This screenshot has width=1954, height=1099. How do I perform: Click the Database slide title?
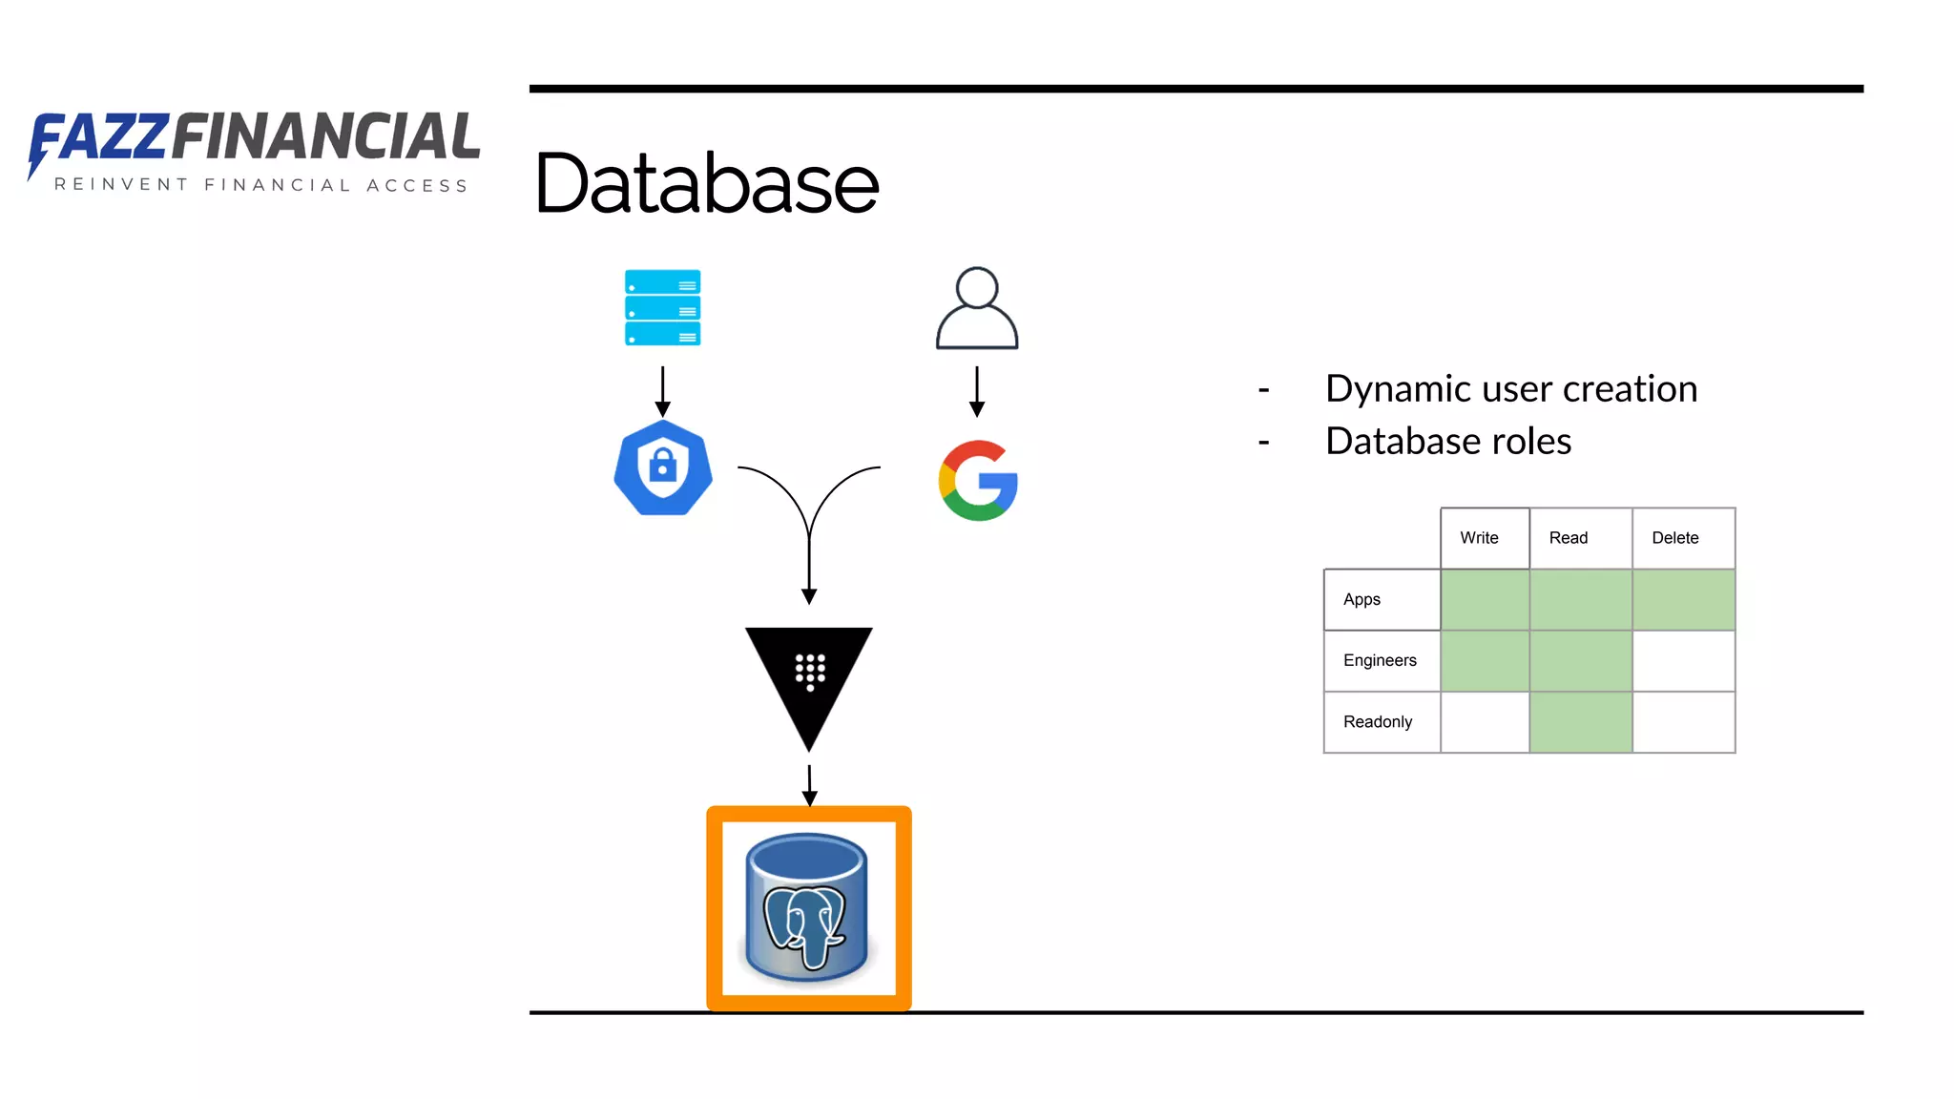pos(706,183)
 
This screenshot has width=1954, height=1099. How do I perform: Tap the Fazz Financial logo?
pos(254,151)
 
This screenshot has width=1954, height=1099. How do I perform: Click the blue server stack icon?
pos(662,307)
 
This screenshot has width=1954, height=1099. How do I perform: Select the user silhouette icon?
pos(977,308)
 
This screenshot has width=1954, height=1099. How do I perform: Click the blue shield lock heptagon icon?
pos(663,468)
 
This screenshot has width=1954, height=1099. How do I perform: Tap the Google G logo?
pos(978,480)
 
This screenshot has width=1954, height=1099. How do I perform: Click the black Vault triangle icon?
pos(809,677)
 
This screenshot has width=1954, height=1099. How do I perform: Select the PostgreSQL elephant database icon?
pos(808,907)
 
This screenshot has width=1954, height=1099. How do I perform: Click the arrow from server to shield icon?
pos(663,391)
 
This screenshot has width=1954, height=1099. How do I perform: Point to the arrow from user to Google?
pos(977,391)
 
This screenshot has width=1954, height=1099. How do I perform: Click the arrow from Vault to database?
pos(809,784)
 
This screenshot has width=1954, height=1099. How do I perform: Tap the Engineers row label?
pos(1381,660)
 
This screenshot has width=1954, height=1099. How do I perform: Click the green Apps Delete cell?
pos(1683,599)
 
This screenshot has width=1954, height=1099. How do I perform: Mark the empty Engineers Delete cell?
pos(1683,660)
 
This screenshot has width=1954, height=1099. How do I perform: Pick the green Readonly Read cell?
pos(1580,722)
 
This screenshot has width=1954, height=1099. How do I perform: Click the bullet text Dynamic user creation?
pos(1510,389)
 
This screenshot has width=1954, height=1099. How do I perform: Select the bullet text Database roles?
pos(1447,442)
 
